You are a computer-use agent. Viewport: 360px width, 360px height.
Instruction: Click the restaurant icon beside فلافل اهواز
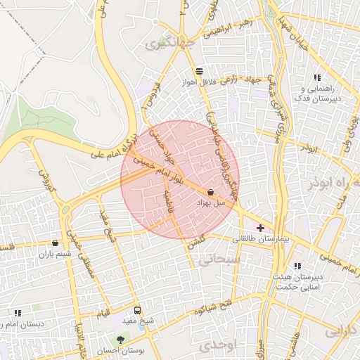[200, 71]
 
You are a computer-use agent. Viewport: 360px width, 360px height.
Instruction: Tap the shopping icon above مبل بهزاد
[211, 192]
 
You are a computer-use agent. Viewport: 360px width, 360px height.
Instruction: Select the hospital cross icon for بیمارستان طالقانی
[261, 228]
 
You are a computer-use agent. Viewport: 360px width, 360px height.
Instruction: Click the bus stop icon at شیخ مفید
[137, 309]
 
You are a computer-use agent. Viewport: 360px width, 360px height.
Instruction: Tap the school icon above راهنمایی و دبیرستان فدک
[317, 78]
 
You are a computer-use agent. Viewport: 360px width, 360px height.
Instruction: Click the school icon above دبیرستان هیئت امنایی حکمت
[297, 266]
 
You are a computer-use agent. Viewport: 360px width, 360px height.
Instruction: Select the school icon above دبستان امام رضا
[18, 313]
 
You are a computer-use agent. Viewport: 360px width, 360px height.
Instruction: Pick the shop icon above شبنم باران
[55, 243]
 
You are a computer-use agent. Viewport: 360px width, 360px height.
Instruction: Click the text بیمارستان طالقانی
[261, 240]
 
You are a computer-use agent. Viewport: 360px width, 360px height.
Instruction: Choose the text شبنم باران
[56, 254]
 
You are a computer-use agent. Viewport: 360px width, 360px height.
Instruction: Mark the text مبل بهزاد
[211, 202]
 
